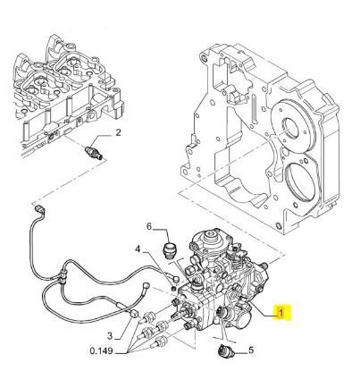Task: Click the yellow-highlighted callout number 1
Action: [x=280, y=313]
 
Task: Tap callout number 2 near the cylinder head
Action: [x=118, y=132]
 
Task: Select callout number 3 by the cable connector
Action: [x=110, y=336]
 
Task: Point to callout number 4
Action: [x=138, y=249]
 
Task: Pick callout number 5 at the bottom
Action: [x=251, y=350]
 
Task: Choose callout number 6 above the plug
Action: [x=149, y=227]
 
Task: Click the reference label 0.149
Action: [x=101, y=351]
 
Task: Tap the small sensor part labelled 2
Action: [x=94, y=152]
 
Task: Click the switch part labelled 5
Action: [x=226, y=350]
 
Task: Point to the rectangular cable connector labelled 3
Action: [x=135, y=314]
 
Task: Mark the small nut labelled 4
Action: [x=174, y=289]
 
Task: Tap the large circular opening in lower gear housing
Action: [x=300, y=181]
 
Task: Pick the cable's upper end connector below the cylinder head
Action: [x=39, y=208]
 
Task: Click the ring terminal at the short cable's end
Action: [x=147, y=284]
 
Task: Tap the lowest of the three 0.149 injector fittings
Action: [x=162, y=341]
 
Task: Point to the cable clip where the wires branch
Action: [x=62, y=276]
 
